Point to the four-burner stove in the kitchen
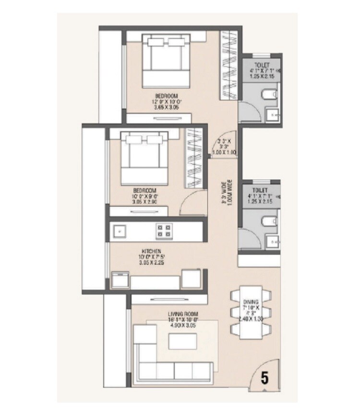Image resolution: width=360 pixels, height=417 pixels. click(x=163, y=231)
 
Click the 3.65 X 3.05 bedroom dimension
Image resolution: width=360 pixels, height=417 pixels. click(x=166, y=108)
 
